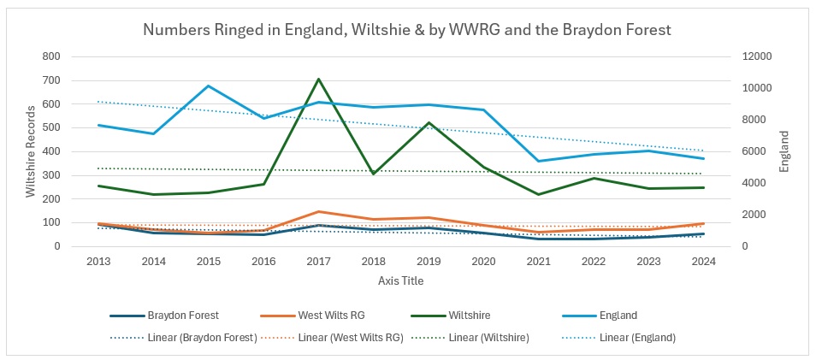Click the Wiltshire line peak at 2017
(x=318, y=79)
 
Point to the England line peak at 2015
(x=209, y=86)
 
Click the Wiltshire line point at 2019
(x=428, y=122)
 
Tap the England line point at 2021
(x=538, y=161)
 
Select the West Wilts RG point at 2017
(x=318, y=211)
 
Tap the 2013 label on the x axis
(x=99, y=262)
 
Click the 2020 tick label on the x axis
(x=483, y=262)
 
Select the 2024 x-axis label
(x=702, y=262)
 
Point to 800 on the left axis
(x=51, y=56)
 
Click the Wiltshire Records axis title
(x=31, y=151)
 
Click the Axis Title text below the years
(x=400, y=280)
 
